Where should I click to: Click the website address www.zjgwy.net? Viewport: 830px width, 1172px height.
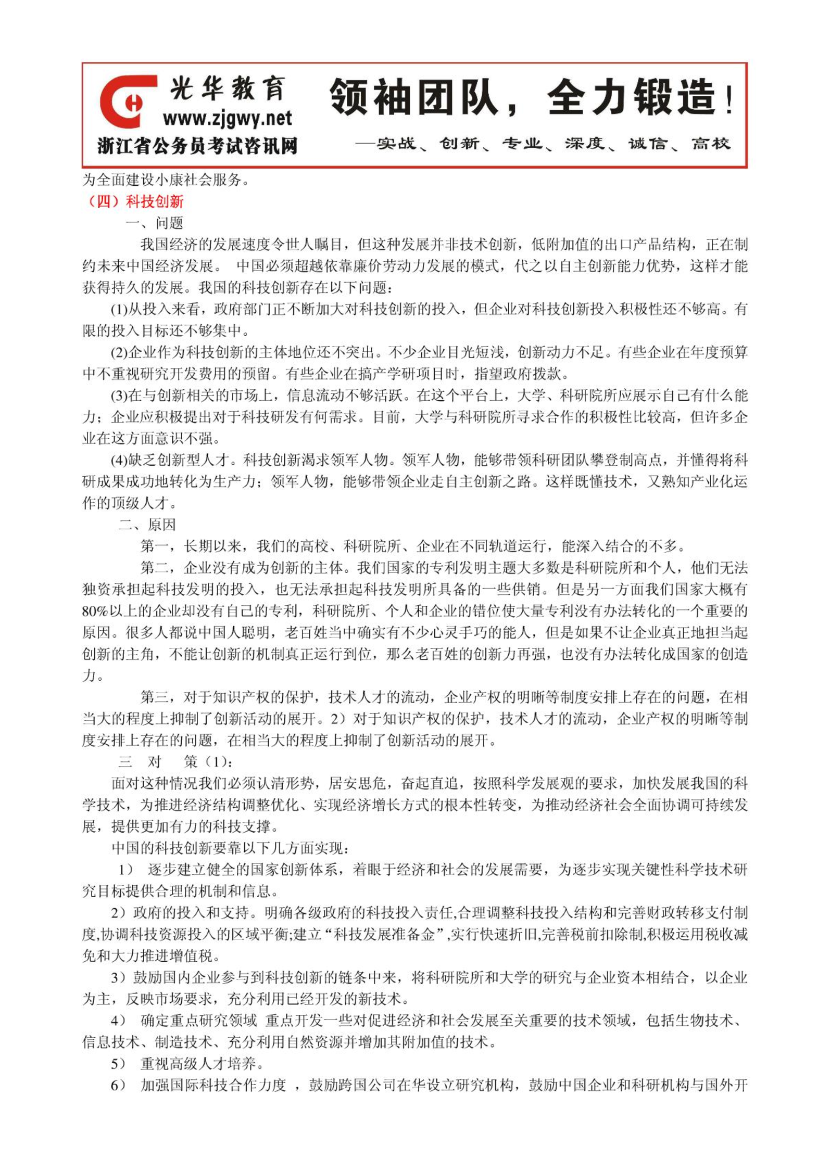click(228, 119)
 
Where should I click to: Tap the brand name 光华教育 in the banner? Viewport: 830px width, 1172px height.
click(228, 87)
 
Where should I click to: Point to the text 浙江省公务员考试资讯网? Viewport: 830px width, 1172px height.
click(197, 146)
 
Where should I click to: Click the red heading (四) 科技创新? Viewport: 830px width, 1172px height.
click(135, 201)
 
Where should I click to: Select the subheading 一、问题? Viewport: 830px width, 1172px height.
click(154, 223)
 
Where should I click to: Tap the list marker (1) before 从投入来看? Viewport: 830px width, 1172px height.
click(119, 310)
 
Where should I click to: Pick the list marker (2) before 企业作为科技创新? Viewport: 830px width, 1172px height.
click(119, 353)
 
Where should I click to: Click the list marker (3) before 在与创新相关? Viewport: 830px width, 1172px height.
click(119, 396)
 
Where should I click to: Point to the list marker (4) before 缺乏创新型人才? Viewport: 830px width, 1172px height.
click(119, 460)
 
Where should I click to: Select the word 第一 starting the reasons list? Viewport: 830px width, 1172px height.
click(155, 546)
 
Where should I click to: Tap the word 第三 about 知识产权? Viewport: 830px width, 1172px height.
click(155, 697)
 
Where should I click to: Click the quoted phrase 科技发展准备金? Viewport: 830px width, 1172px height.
click(384, 934)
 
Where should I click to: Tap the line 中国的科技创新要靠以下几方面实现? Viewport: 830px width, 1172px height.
click(230, 848)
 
